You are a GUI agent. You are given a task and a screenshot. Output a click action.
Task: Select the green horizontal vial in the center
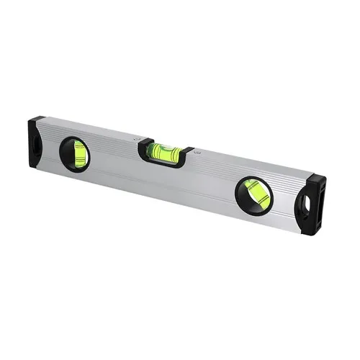[165, 151]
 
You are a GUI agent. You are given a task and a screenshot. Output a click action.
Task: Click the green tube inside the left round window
[78, 153]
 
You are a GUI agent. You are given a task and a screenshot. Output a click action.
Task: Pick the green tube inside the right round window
[256, 195]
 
